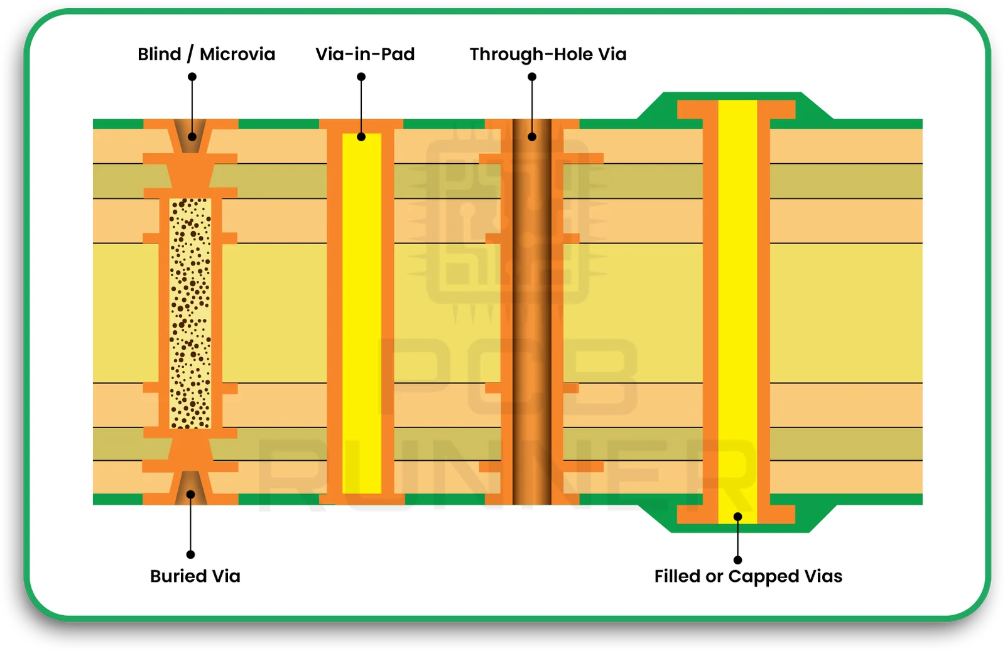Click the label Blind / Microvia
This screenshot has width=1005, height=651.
206,54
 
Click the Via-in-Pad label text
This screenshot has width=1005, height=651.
365,54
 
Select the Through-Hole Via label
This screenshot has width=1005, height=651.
548,54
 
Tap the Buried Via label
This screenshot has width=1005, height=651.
195,576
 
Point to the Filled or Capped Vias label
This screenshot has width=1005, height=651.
748,576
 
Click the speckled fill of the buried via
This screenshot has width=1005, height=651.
190,314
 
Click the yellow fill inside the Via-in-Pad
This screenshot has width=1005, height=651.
362,314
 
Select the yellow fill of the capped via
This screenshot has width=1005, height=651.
737,314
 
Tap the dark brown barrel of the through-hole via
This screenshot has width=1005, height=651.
531,314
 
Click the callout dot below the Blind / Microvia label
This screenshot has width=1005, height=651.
192,77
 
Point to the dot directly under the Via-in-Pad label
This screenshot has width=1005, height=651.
361,77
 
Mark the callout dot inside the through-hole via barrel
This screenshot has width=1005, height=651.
532,136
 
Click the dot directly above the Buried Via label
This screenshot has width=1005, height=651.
190,554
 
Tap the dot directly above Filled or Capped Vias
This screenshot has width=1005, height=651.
738,559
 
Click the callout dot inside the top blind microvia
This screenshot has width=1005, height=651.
192,136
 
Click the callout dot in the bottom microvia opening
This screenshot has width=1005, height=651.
190,494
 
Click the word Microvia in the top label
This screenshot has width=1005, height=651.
237,54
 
